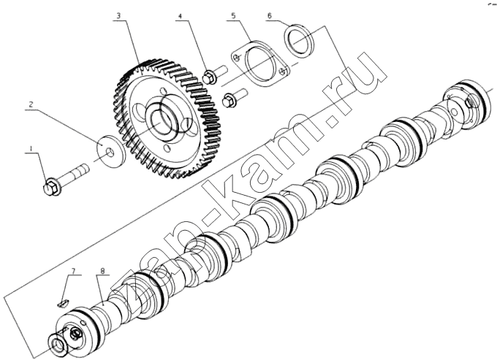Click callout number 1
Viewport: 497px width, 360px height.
[31, 148]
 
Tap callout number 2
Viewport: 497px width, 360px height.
[31, 104]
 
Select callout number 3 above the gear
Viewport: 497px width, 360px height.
[118, 16]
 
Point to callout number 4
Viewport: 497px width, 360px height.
[180, 16]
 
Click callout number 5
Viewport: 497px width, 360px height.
[233, 16]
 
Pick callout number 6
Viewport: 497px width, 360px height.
[270, 15]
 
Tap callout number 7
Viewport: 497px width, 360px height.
[73, 271]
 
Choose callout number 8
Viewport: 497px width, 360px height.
[103, 271]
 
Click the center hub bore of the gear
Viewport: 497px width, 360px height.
[161, 120]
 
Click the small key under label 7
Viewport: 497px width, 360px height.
[63, 304]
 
